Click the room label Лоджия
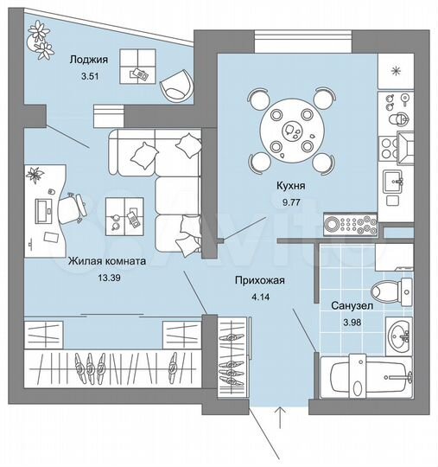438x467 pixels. [87, 60]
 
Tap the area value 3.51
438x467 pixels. [87, 76]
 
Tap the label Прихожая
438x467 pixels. [260, 281]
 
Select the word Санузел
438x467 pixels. [352, 306]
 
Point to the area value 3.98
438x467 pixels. [352, 323]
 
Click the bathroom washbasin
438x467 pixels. [398, 333]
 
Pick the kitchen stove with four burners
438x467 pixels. [351, 224]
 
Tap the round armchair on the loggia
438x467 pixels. [177, 84]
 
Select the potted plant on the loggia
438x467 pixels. [41, 38]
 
